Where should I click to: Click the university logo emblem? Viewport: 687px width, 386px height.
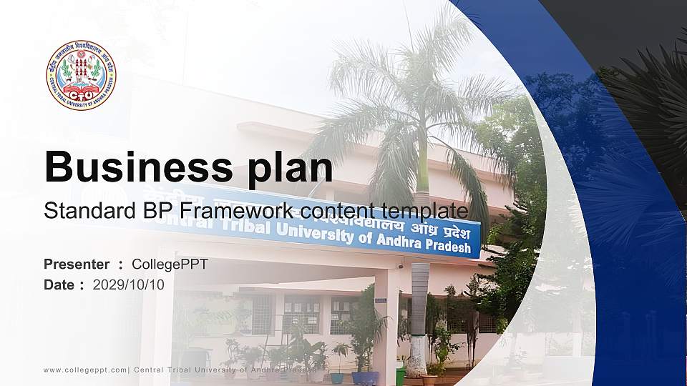[x=81, y=75]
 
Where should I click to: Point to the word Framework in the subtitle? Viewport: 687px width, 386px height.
[x=238, y=211]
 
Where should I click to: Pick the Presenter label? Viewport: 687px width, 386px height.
[x=77, y=264]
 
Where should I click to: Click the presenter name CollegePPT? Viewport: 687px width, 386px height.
[x=170, y=264]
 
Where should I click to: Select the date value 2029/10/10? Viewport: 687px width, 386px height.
[x=129, y=284]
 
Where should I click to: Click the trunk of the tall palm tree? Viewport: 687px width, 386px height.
[x=419, y=300]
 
